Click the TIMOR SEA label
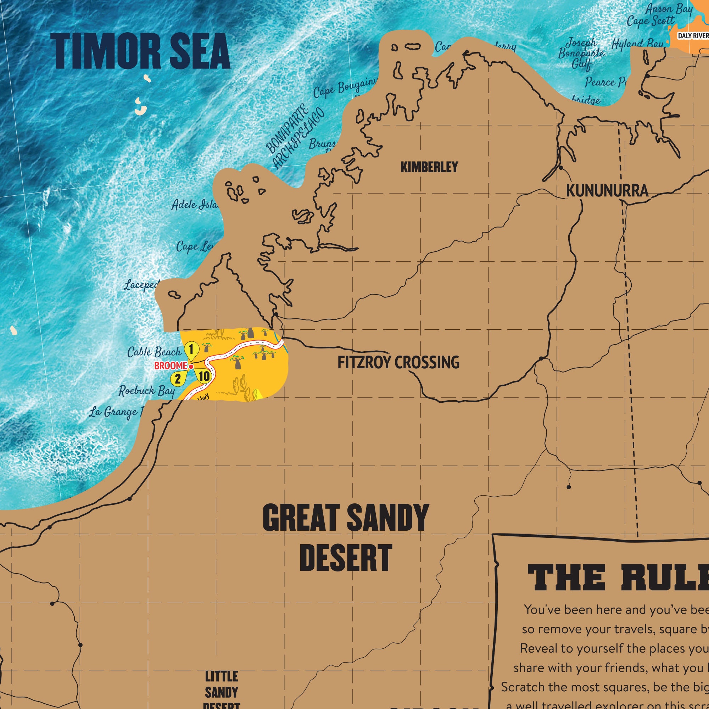[140, 51]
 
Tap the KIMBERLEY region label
[429, 167]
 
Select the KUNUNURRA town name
[607, 191]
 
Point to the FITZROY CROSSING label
[398, 363]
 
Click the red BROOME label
[170, 366]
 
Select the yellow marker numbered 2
[178, 378]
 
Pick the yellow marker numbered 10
[204, 376]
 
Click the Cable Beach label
[154, 352]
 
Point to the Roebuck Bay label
[146, 391]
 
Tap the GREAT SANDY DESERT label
[345, 538]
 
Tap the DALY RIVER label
[693, 35]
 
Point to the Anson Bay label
[669, 9]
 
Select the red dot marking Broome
[191, 367]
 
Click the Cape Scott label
[650, 21]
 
